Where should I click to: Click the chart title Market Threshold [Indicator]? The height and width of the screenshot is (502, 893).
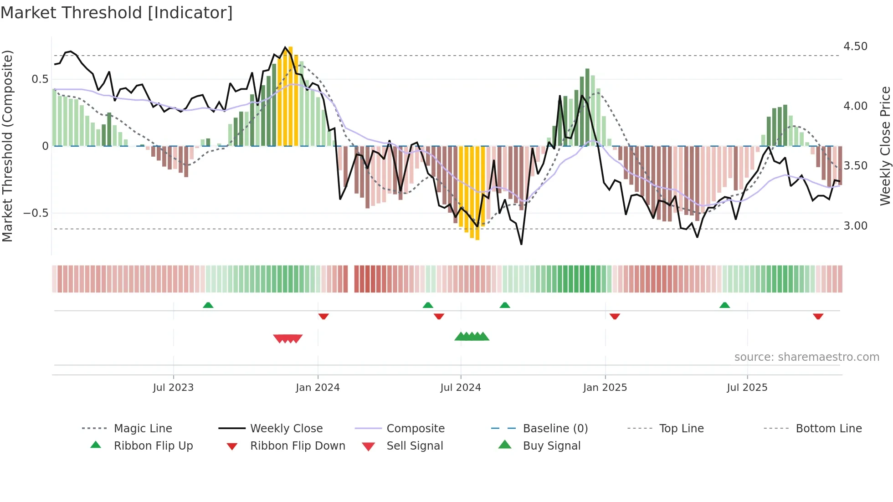117,13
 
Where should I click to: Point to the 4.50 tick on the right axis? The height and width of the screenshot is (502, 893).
855,46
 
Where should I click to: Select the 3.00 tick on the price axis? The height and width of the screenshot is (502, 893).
855,226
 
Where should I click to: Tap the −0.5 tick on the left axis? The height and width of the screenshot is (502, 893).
36,213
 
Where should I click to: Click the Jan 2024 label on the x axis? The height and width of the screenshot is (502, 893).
318,388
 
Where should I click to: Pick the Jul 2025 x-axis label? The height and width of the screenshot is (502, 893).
747,388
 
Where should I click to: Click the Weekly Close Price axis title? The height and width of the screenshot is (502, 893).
885,146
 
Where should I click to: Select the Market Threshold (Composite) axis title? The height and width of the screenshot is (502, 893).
7,146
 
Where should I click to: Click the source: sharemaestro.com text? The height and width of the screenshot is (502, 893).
806,357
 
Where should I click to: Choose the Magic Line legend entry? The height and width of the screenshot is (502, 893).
143,429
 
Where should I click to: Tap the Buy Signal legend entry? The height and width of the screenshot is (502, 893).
551,446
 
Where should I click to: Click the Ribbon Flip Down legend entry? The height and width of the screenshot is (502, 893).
298,446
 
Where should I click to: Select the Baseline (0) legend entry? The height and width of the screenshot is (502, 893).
555,429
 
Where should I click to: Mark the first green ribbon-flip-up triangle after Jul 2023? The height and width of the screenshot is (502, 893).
208,305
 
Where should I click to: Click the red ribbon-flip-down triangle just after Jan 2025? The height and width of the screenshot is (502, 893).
615,316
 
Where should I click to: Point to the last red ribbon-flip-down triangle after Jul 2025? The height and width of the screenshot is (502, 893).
818,316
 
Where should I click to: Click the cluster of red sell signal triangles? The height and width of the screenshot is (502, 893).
288,338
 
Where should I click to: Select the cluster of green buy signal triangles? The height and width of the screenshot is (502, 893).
472,337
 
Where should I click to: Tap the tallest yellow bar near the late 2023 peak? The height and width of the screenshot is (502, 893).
290,96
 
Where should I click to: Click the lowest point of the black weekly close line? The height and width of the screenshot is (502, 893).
521,244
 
